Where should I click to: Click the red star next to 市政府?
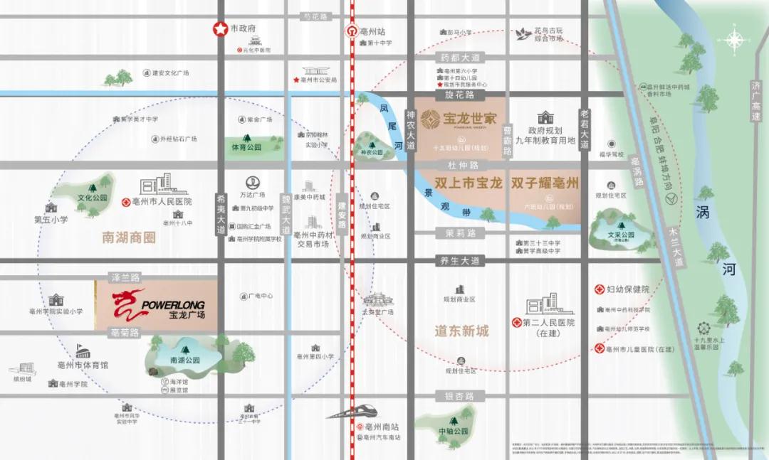pyautogui.click(x=220, y=29)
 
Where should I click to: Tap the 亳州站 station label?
pyautogui.click(x=372, y=32)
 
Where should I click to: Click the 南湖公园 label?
pyautogui.click(x=184, y=360)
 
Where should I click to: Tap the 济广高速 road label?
pyautogui.click(x=756, y=100)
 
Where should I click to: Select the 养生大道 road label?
pyautogui.click(x=457, y=261)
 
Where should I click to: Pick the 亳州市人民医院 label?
pyautogui.click(x=162, y=202)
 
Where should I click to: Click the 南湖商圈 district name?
pyautogui.click(x=129, y=237)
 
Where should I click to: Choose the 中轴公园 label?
pyautogui.click(x=454, y=431)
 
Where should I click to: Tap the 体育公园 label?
pyautogui.click(x=246, y=147)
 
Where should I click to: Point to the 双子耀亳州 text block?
pyautogui.click(x=544, y=183)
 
